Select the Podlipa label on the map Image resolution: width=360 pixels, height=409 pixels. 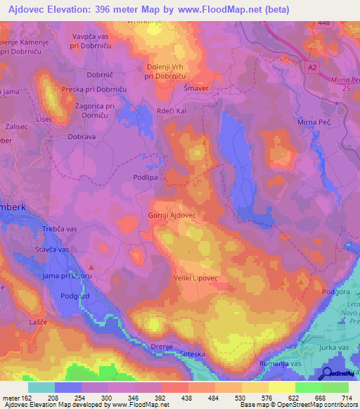149,178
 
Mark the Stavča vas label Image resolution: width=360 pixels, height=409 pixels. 53,249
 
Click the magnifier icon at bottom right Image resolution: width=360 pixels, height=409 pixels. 327,373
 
